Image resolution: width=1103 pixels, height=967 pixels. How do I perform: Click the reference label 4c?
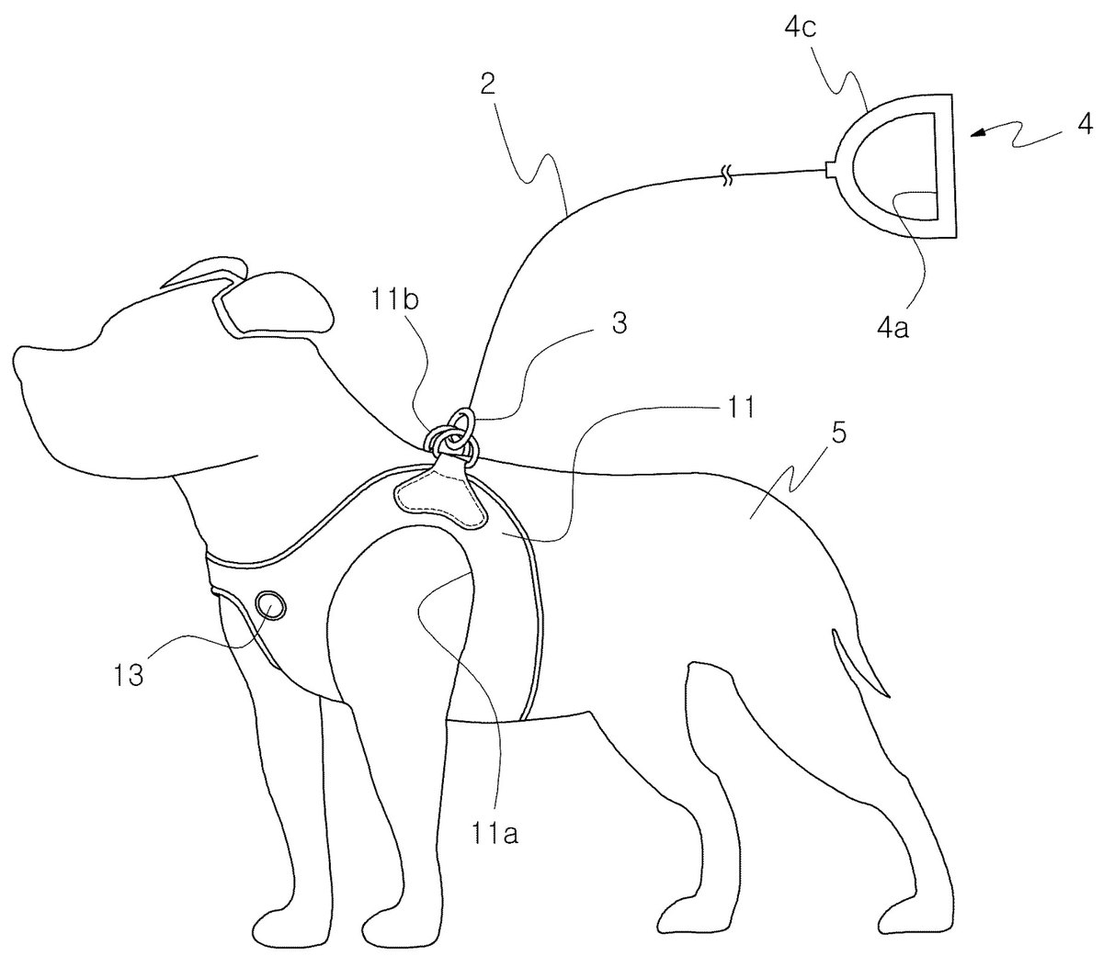(x=800, y=28)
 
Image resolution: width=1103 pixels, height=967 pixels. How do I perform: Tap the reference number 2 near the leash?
(x=487, y=84)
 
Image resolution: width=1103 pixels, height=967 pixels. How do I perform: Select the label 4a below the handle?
(x=893, y=328)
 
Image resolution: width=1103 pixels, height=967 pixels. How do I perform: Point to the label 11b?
(x=395, y=299)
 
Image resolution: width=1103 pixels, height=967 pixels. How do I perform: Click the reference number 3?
(x=619, y=323)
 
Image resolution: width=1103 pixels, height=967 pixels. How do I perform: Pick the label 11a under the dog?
(x=495, y=835)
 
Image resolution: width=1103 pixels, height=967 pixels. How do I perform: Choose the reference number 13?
(x=128, y=675)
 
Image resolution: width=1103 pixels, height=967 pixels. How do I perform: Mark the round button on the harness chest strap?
(x=270, y=604)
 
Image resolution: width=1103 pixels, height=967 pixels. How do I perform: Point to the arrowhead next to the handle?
(x=978, y=132)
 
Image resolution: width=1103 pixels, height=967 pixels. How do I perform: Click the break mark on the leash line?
(x=727, y=178)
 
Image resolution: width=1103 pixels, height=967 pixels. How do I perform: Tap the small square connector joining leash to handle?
(x=831, y=170)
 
